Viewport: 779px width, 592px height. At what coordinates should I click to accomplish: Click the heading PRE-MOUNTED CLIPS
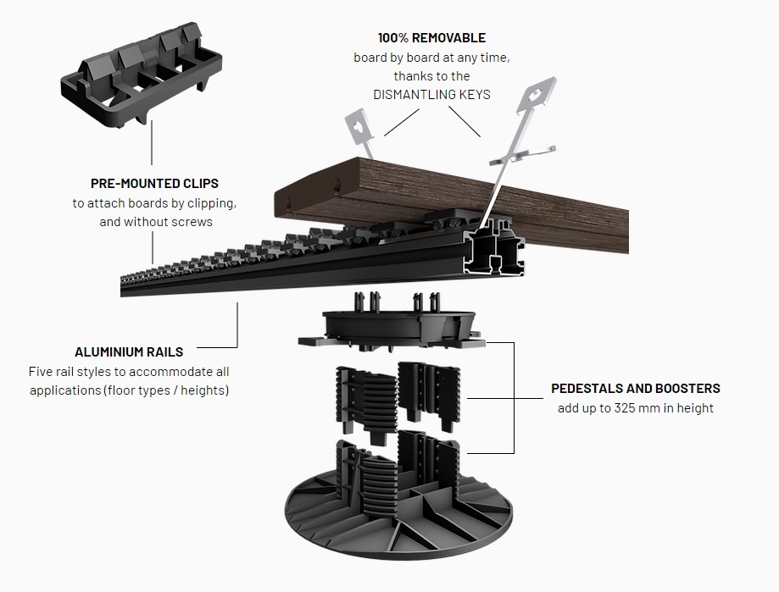(x=154, y=184)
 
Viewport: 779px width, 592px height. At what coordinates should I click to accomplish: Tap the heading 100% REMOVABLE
(x=431, y=38)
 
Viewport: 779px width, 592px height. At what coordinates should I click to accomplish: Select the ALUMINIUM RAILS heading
(x=129, y=352)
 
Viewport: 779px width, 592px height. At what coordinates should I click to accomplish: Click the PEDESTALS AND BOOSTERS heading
(x=636, y=389)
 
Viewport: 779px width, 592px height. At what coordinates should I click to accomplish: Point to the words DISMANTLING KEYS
(x=431, y=94)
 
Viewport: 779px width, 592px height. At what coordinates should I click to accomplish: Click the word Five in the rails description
(x=40, y=372)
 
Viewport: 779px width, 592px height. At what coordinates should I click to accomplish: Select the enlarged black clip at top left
(x=142, y=75)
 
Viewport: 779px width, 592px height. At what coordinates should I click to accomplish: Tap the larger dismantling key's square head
(x=536, y=95)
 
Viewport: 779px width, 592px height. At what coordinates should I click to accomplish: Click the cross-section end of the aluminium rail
(x=493, y=248)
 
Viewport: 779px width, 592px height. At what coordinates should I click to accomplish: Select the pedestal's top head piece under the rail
(x=392, y=325)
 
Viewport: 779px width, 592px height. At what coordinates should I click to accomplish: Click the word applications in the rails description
(x=65, y=390)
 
